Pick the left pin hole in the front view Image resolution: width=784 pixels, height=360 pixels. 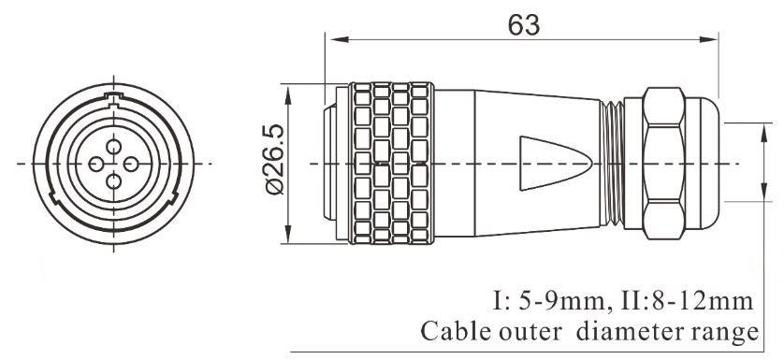(94, 165)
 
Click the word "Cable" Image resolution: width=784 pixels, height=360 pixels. (452, 332)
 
